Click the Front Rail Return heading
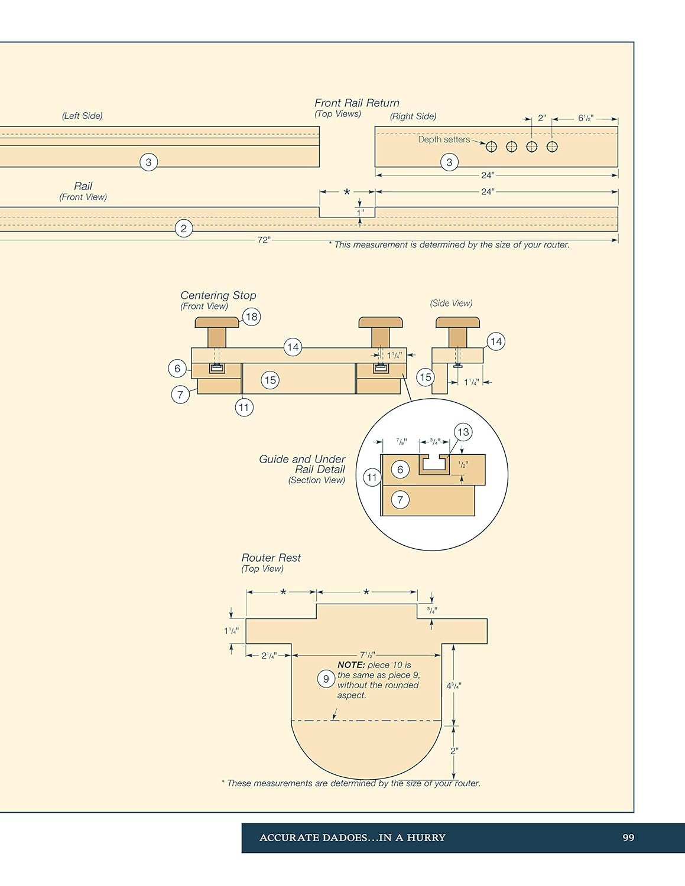[356, 103]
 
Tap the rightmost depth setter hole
[552, 147]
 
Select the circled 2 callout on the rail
[184, 229]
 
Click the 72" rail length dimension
[264, 240]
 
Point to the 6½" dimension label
[586, 118]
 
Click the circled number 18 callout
[252, 317]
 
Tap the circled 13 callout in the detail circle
[463, 432]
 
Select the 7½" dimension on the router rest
[367, 655]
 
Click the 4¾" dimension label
[454, 686]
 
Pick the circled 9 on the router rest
[326, 679]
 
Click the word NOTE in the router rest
[351, 665]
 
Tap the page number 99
[628, 838]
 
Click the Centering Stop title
[218, 295]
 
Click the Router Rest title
[271, 558]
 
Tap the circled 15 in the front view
[270, 380]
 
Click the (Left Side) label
[82, 116]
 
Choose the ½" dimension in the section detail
[463, 465]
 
